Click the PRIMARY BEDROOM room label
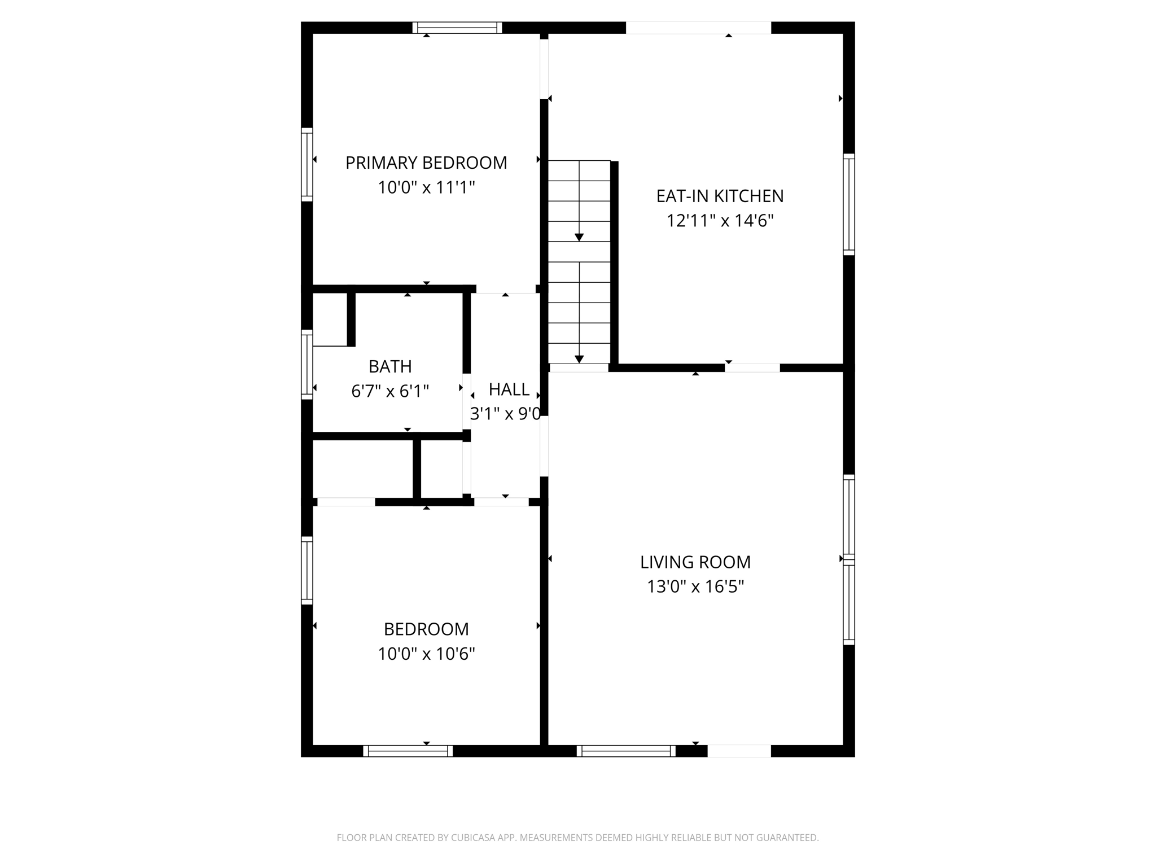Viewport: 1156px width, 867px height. pos(426,163)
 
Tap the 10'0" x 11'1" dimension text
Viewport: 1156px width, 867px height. pos(426,187)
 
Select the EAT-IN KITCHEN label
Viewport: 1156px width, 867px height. pos(720,196)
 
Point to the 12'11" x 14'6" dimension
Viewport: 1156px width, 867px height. pos(720,221)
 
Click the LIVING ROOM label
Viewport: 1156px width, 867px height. pos(695,562)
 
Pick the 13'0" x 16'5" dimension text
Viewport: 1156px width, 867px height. pos(695,587)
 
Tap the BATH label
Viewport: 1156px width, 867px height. pos(390,366)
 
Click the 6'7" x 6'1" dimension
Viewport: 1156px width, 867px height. pos(390,391)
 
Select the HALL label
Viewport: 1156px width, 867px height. pos(509,389)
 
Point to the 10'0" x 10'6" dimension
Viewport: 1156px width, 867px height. pos(426,654)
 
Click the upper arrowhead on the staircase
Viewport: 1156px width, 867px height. pos(579,238)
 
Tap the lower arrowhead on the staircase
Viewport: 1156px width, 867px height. pos(579,360)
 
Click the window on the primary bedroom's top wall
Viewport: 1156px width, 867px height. pos(457,28)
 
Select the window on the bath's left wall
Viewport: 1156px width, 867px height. pos(306,365)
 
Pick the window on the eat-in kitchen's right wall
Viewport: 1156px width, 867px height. pos(849,204)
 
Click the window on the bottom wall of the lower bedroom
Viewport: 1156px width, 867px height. pos(408,751)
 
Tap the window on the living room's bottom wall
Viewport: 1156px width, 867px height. pos(626,751)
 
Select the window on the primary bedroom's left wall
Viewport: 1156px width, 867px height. pos(306,164)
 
